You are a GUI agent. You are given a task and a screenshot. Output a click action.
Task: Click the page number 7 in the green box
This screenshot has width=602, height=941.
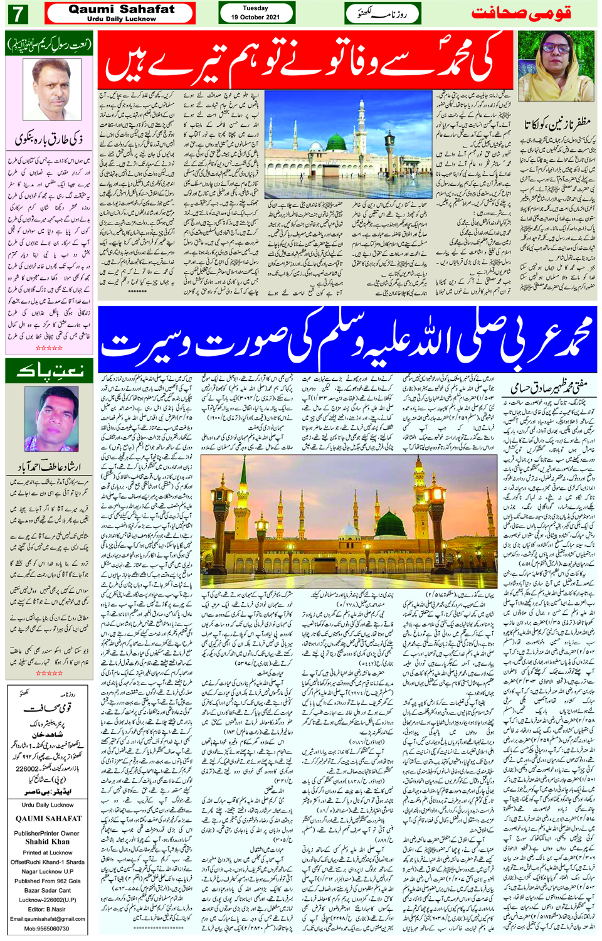[x=17, y=13]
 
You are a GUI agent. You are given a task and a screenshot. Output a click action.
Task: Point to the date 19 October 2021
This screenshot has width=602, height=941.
[x=255, y=17]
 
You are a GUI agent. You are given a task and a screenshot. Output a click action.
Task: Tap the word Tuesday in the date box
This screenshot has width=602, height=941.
[x=255, y=8]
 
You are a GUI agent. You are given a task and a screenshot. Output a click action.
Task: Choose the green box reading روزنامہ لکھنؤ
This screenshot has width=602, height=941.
[x=383, y=13]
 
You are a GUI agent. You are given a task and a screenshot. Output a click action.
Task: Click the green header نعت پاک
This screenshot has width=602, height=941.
[x=50, y=371]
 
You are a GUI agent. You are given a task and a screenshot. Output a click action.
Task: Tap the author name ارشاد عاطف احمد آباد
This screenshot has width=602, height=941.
[x=50, y=467]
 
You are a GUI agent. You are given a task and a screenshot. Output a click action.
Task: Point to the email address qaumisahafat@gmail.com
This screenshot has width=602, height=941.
[x=48, y=919]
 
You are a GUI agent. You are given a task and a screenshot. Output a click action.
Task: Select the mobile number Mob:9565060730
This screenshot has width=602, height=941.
[x=48, y=928]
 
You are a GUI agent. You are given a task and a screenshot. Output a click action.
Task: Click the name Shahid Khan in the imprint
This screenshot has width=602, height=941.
[x=48, y=842]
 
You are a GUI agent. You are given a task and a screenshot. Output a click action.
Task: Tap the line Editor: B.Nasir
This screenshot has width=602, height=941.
[x=48, y=909]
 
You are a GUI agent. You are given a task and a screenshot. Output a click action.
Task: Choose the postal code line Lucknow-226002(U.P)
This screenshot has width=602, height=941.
[x=48, y=900]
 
